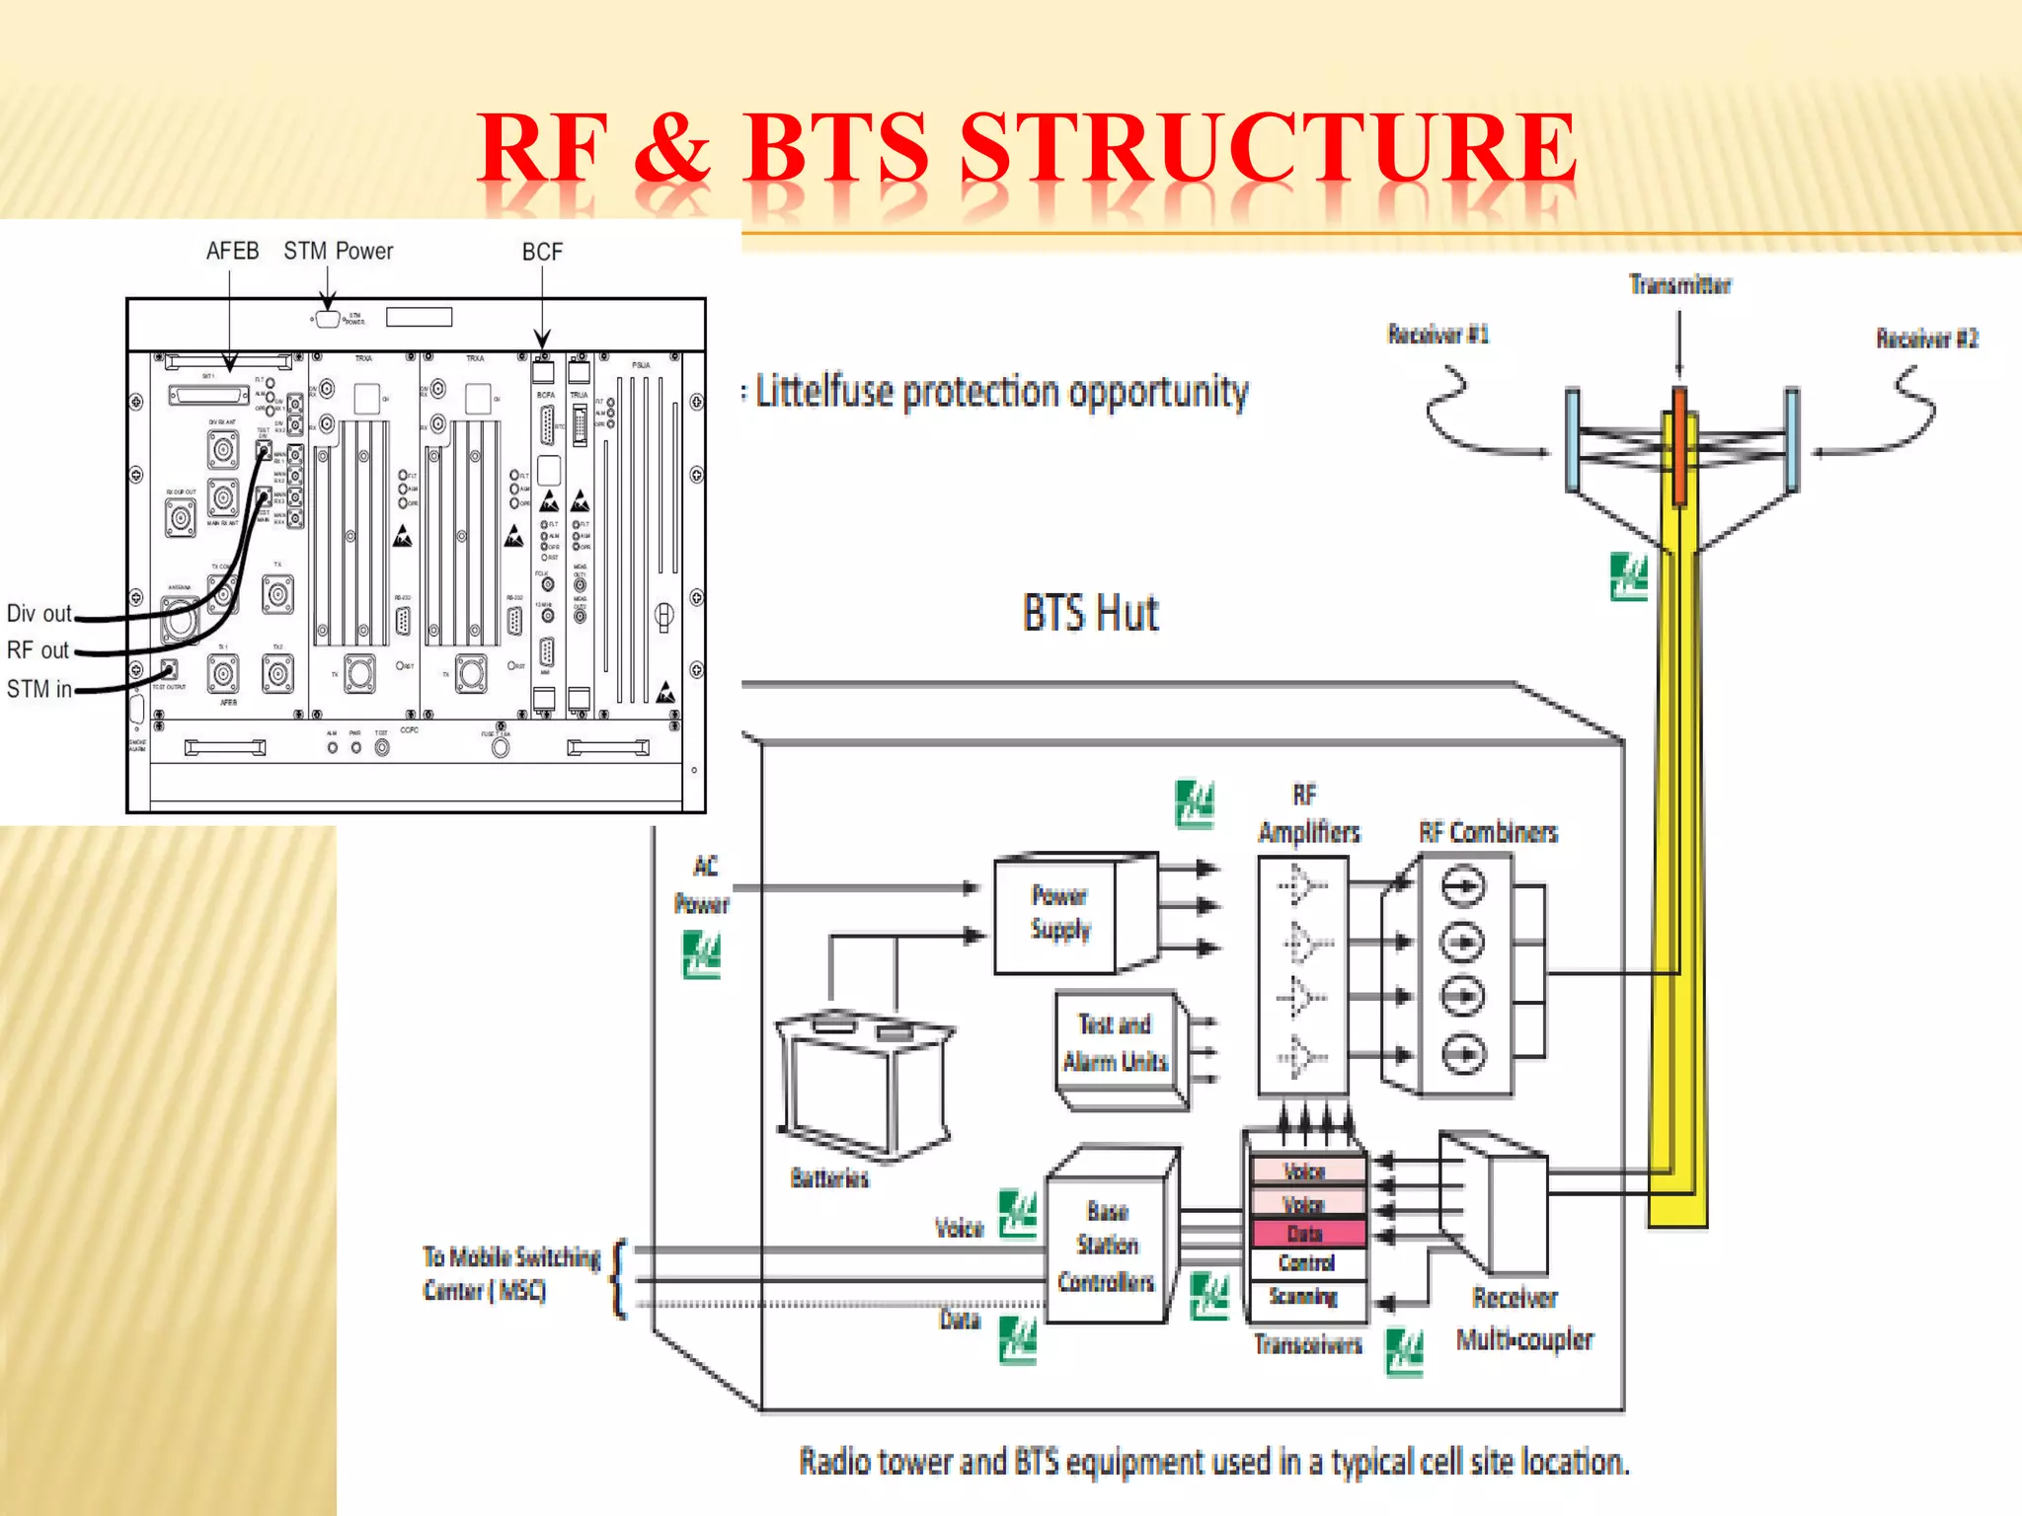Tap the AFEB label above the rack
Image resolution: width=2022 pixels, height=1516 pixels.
pos(232,252)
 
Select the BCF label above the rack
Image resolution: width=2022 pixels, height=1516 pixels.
pos(542,253)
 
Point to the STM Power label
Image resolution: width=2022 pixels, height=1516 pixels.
pos(338,252)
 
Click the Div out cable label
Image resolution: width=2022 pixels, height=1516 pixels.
pos(39,614)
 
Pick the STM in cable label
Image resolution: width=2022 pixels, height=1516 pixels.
pos(39,689)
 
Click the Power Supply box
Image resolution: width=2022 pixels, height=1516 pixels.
pos(1058,914)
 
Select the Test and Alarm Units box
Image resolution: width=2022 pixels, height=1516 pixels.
pos(1116,1044)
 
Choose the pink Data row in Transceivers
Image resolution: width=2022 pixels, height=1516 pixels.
pos(1306,1234)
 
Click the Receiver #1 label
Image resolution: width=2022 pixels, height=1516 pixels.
pos(1438,335)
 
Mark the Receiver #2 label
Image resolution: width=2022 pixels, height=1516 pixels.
pos(1926,340)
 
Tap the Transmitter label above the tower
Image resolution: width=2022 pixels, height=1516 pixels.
pos(1679,286)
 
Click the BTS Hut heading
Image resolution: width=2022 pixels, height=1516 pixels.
pos(1090,613)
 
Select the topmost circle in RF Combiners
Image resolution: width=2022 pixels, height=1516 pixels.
pos(1463,886)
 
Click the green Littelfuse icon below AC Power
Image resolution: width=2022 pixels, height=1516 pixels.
pos(702,955)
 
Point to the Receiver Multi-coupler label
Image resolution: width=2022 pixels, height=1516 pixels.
pos(1523,1319)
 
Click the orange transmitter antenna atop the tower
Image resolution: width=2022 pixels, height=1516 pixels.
pos(1679,444)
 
